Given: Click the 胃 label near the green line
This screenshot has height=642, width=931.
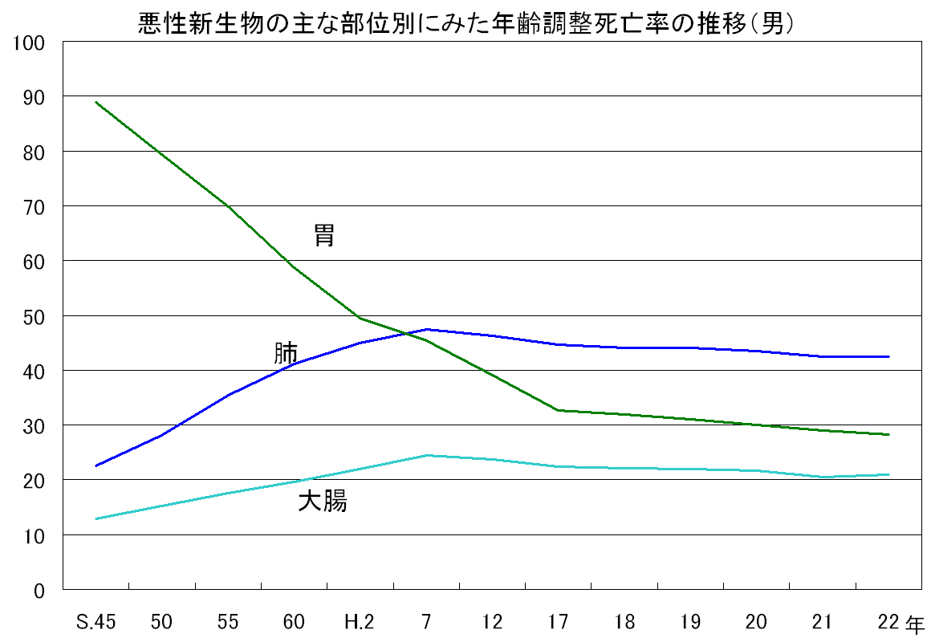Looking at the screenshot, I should [324, 236].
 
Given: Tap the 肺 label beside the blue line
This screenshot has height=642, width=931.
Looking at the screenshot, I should [286, 353].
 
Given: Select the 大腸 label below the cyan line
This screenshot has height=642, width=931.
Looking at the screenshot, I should [323, 502].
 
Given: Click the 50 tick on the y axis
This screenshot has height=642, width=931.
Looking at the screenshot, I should [34, 316].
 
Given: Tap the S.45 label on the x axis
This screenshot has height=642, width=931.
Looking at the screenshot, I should [95, 622].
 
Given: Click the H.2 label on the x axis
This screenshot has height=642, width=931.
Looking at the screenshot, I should [359, 622].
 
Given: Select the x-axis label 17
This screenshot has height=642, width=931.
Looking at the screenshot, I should [559, 622].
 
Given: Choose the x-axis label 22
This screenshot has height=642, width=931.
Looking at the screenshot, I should [888, 622].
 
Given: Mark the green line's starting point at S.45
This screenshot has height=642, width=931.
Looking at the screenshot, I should [96, 102].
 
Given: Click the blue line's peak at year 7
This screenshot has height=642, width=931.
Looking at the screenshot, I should [426, 329].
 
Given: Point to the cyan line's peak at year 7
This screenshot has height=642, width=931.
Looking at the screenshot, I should [426, 455].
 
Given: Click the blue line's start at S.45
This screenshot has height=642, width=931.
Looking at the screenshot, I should [96, 466].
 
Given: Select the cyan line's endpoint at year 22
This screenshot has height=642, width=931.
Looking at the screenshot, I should [889, 474].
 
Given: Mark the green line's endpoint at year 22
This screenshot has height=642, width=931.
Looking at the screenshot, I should [889, 434].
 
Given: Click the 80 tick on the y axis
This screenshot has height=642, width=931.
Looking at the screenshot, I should [34, 152].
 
